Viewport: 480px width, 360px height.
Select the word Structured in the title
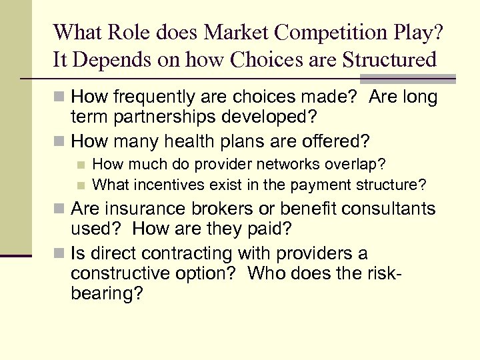click(389, 60)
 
